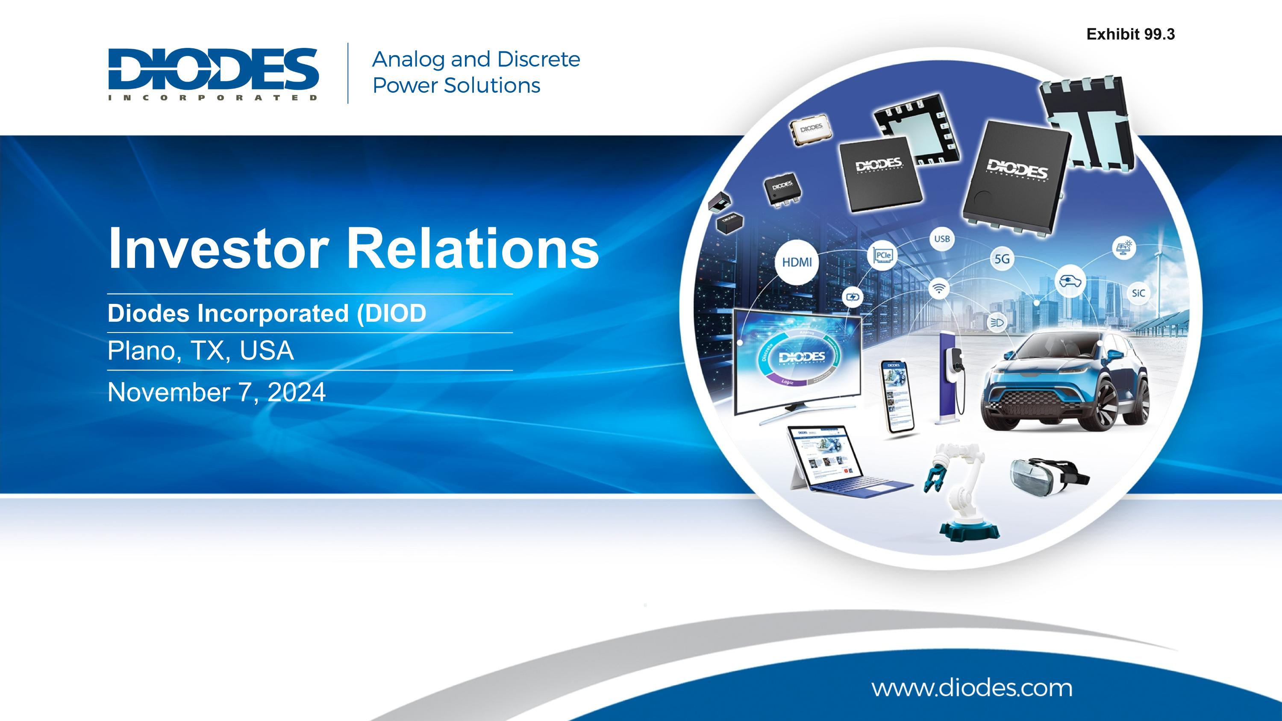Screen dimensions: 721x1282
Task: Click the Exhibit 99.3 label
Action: click(x=1130, y=34)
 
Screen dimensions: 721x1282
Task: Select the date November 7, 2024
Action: click(x=217, y=392)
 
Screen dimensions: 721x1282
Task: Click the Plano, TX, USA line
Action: click(x=200, y=351)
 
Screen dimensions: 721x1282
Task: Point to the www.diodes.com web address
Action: click(x=971, y=688)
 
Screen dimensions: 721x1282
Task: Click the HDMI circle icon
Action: click(x=797, y=262)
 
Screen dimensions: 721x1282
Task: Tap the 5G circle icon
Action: click(x=1001, y=259)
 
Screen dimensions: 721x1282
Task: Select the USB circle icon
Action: click(x=941, y=239)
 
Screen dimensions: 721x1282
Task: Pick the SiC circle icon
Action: click(x=1138, y=293)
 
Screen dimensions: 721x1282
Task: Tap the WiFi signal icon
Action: click(x=938, y=288)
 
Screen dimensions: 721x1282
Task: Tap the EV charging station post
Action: click(x=949, y=378)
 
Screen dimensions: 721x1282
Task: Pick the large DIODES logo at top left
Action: click(x=213, y=74)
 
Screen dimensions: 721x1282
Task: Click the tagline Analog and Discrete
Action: click(x=476, y=59)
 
